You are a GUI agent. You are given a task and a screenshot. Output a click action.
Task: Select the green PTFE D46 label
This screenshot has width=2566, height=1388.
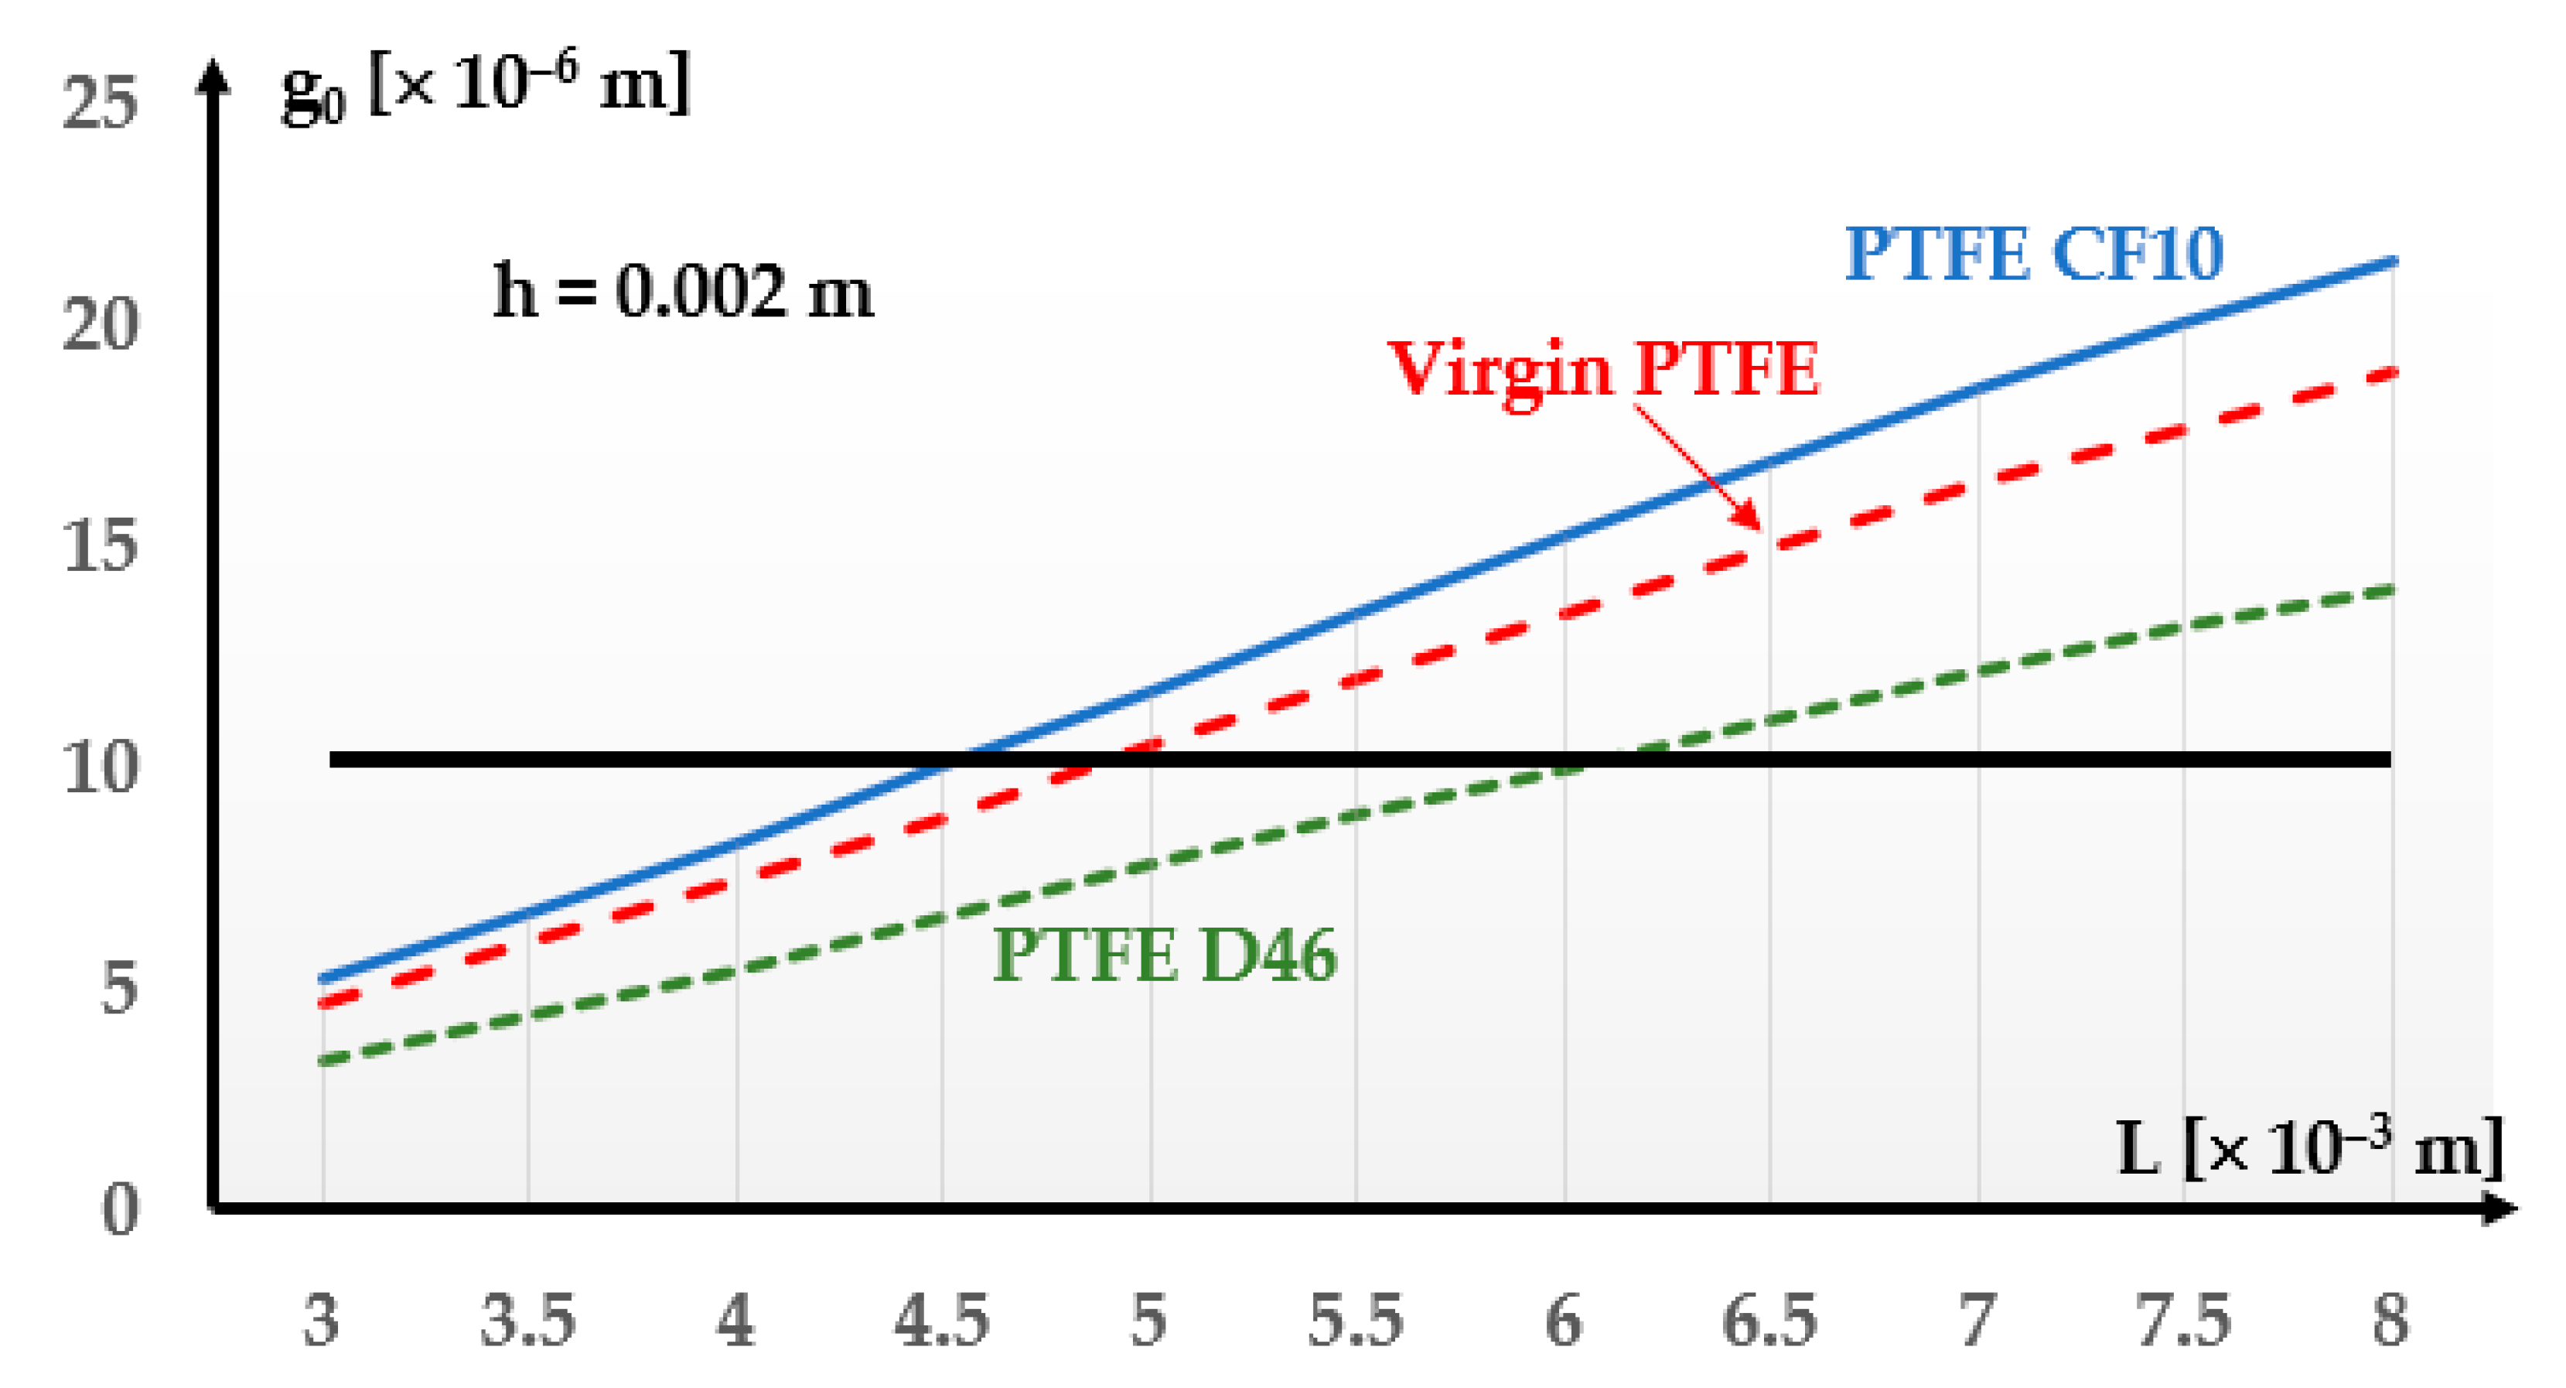pyautogui.click(x=1165, y=956)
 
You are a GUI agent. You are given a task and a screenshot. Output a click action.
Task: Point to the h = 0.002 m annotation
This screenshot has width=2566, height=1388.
pyautogui.click(x=684, y=292)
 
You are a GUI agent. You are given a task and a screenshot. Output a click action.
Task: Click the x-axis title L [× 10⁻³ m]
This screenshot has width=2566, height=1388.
pyautogui.click(x=2309, y=1149)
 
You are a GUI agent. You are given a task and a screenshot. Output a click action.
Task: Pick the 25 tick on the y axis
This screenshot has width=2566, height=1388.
pyautogui.click(x=99, y=103)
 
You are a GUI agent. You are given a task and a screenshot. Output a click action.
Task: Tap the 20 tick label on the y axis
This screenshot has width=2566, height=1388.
pyautogui.click(x=99, y=325)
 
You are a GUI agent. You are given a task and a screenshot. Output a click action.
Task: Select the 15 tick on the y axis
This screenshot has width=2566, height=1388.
pyautogui.click(x=99, y=546)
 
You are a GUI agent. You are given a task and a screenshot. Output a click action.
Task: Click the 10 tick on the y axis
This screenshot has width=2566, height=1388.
pyautogui.click(x=99, y=768)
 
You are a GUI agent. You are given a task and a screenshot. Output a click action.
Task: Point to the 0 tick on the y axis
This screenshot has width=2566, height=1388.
pyautogui.click(x=120, y=1212)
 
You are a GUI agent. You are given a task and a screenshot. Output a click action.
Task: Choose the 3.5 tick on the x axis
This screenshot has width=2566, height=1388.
pyautogui.click(x=528, y=1321)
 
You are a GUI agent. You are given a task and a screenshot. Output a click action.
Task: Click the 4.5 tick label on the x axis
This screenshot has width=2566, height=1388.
pyautogui.click(x=941, y=1321)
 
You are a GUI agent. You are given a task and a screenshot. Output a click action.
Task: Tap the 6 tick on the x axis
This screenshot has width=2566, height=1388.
pyautogui.click(x=1564, y=1321)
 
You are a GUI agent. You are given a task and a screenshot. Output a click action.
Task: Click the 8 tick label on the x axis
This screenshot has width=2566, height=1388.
pyautogui.click(x=2390, y=1321)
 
